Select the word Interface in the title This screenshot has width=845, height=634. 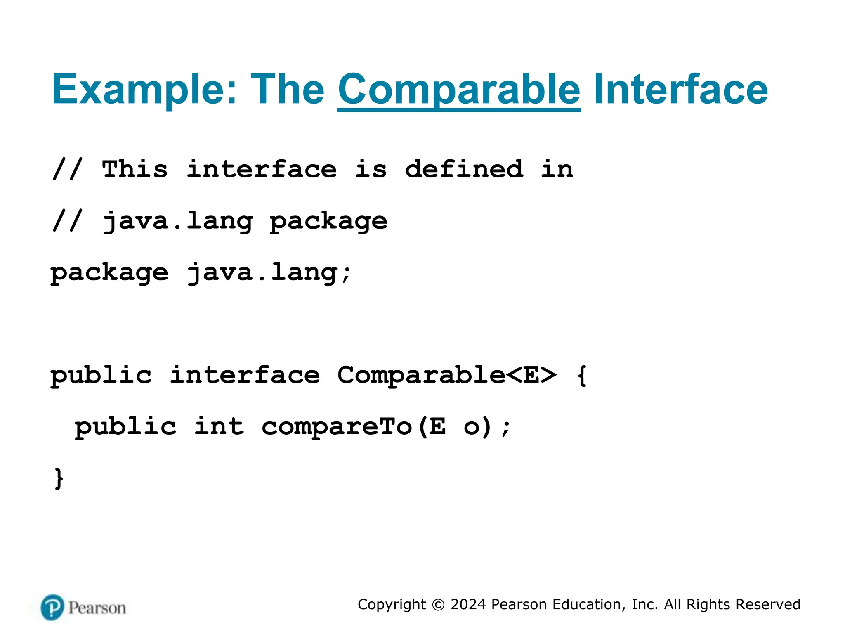[x=680, y=89]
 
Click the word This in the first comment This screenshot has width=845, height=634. [x=135, y=169]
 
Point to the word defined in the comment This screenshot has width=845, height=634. [x=464, y=169]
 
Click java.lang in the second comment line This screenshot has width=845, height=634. [x=178, y=221]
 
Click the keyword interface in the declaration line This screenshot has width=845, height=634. [x=245, y=375]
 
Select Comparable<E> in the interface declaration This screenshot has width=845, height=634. [x=447, y=375]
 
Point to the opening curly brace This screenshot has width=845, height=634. [x=582, y=375]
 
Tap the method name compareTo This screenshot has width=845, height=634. [x=337, y=427]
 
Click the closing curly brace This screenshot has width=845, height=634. [x=59, y=478]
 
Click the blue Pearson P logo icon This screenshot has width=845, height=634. [x=52, y=607]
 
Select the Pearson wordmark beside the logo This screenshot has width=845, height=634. [x=97, y=608]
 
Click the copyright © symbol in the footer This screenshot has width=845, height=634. [x=438, y=605]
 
